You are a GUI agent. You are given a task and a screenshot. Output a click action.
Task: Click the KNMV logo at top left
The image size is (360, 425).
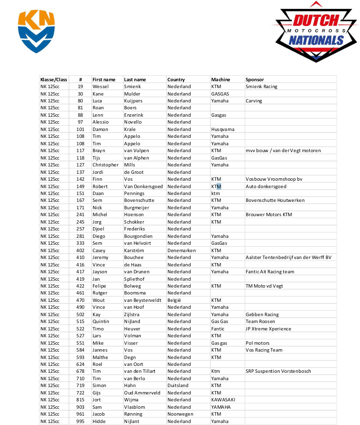pyautogui.click(x=36, y=31)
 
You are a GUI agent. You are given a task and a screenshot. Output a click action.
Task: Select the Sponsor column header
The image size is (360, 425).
pyautogui.click(x=255, y=79)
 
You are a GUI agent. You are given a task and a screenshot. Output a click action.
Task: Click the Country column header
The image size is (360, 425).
pyautogui.click(x=176, y=79)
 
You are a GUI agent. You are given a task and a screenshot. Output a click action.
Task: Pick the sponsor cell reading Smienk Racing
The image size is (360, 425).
pyautogui.click(x=261, y=87)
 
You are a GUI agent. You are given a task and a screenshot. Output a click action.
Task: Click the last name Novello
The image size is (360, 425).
pyautogui.click(x=132, y=122)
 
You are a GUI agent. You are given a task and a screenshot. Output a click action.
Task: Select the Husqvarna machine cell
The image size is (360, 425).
pyautogui.click(x=223, y=129)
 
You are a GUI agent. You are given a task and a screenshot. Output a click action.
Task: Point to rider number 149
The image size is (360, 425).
pyautogui.click(x=80, y=186)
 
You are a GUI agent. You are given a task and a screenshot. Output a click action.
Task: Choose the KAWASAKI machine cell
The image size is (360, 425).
pyautogui.click(x=223, y=400)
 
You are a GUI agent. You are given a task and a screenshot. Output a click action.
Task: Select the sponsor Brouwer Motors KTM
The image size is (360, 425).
pyautogui.click(x=268, y=215)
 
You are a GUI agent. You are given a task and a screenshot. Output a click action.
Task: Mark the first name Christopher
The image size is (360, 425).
pyautogui.click(x=105, y=165)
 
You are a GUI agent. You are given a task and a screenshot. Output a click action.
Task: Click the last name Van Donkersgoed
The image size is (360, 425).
pyautogui.click(x=143, y=186)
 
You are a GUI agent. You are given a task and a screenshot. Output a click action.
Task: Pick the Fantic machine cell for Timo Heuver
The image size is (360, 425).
pyautogui.click(x=218, y=329)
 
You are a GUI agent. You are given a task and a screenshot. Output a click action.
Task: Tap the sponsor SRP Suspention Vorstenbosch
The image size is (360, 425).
pyautogui.click(x=278, y=371)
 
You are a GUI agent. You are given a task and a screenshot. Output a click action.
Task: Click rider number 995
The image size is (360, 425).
pyautogui.click(x=80, y=422)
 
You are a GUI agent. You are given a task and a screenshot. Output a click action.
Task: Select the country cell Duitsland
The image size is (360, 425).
pyautogui.click(x=178, y=386)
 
